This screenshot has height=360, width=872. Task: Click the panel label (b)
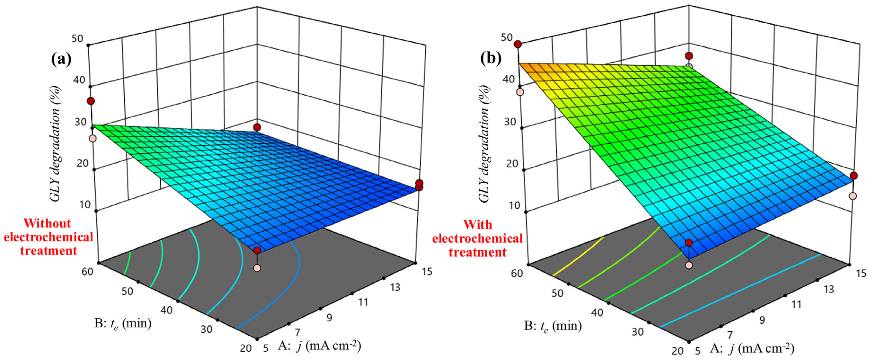coord(490,59)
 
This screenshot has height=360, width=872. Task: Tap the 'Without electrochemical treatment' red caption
coord(48,237)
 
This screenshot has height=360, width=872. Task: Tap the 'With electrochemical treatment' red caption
coord(477,238)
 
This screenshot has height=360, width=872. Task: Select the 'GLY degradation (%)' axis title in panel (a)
coord(56,145)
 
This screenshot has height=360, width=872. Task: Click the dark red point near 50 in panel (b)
coord(518,44)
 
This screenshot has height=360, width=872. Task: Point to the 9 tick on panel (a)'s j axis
coord(329,317)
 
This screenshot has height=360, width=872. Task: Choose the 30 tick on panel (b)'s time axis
coord(637,332)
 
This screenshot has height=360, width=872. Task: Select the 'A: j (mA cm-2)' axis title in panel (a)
coord(320,346)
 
